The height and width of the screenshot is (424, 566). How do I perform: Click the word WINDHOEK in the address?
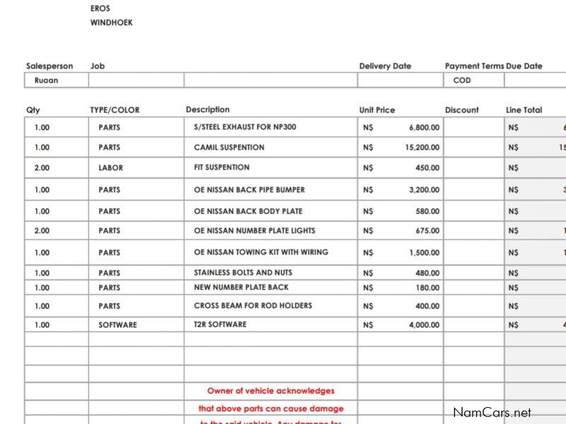(111, 23)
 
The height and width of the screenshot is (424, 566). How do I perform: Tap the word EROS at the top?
(100, 8)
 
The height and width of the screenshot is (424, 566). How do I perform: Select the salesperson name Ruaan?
(46, 81)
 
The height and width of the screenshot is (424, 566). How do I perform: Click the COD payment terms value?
(462, 81)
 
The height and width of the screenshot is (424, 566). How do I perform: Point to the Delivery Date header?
(385, 66)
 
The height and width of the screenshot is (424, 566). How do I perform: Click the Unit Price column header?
(377, 110)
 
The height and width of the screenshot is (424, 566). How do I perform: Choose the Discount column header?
(462, 110)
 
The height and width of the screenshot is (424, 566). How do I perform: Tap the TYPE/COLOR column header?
(115, 110)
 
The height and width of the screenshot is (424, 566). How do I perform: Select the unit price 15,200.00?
(422, 148)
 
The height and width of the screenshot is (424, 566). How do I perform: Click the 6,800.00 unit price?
(424, 128)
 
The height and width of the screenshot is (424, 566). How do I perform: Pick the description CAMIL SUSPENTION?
(229, 148)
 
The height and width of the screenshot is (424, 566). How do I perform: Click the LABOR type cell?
(110, 168)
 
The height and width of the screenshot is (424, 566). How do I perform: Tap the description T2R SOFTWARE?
(220, 324)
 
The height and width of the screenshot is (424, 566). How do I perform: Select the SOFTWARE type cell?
(117, 325)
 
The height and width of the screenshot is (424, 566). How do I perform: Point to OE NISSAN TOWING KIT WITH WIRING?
(261, 252)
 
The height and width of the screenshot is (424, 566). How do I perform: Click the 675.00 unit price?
(427, 231)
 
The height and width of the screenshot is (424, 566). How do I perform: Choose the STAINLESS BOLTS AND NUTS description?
(243, 273)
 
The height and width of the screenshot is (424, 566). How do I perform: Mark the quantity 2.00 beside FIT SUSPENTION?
(42, 168)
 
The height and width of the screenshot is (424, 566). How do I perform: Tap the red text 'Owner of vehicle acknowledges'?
(271, 391)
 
